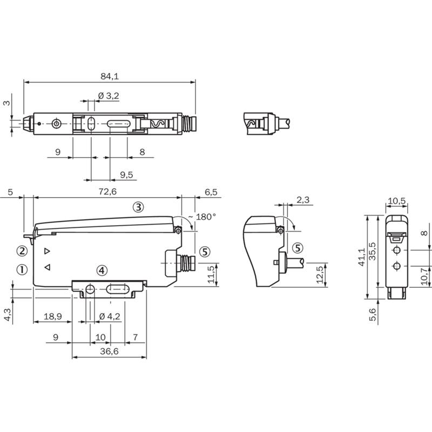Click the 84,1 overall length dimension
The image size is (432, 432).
(x=110, y=76)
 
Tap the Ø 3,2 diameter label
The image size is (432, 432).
(x=109, y=96)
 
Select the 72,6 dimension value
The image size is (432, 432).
(x=107, y=192)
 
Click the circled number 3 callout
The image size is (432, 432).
(x=138, y=207)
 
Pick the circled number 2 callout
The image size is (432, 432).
(x=22, y=251)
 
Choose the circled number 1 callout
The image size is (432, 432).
(x=22, y=269)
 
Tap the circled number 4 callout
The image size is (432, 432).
(x=102, y=271)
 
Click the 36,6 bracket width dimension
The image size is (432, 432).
(x=110, y=351)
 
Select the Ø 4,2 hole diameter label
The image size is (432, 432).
(x=110, y=316)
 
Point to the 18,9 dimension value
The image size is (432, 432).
(x=52, y=316)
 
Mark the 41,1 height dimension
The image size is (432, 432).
(x=361, y=257)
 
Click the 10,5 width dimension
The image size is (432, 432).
(x=397, y=201)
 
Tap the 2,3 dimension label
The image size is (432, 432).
(x=303, y=200)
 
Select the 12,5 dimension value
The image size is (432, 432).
(x=320, y=275)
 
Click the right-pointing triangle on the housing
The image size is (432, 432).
(x=47, y=251)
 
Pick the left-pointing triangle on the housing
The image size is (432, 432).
(x=48, y=267)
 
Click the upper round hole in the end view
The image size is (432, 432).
(x=397, y=250)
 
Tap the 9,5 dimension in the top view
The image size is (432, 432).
(x=126, y=174)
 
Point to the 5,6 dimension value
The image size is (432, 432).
(x=372, y=314)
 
